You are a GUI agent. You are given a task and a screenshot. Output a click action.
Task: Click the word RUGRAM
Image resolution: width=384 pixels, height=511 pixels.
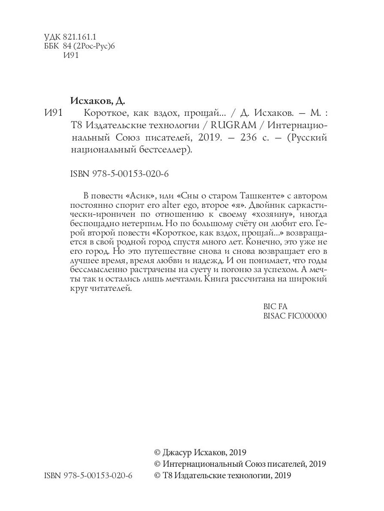pyautogui.click(x=237, y=126)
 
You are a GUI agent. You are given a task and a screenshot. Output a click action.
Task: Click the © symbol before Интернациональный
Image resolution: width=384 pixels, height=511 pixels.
pyautogui.click(x=157, y=464)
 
